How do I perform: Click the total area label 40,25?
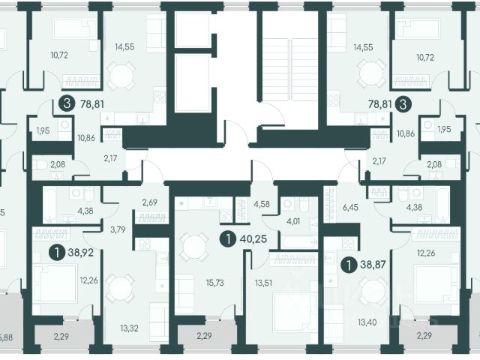click(x=253, y=238)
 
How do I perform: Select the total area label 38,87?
click(x=373, y=264)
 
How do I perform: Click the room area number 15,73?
click(x=215, y=283)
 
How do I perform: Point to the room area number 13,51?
click(x=264, y=283)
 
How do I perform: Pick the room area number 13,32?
click(x=129, y=328)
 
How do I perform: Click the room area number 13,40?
click(x=367, y=322)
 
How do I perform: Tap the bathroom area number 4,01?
click(x=293, y=221)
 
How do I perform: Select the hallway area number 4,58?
click(x=262, y=204)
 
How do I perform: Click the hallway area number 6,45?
click(x=350, y=207)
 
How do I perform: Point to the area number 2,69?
click(x=150, y=202)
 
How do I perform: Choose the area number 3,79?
click(x=118, y=229)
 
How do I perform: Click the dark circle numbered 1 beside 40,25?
click(x=228, y=238)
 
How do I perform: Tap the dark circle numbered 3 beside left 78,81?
click(x=67, y=103)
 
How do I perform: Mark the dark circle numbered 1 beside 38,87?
click(x=349, y=265)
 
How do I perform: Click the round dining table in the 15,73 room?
click(x=194, y=247)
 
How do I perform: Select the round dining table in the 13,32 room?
click(x=120, y=289)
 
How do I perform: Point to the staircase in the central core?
click(x=289, y=70)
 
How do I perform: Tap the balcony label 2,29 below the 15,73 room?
click(x=204, y=336)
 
